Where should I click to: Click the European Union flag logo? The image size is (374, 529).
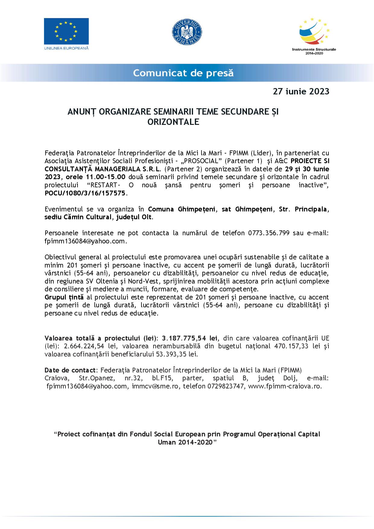(66, 31)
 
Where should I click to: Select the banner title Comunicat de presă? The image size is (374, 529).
(183, 73)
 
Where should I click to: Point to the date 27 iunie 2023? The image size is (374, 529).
(301, 91)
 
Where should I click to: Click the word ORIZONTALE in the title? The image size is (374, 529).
(173, 122)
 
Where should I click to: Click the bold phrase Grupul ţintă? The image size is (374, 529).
(64, 297)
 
